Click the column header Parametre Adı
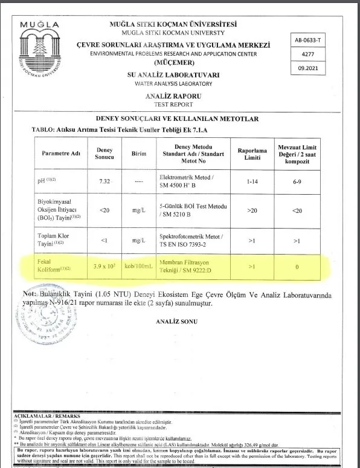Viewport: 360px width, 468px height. pos(61,154)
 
